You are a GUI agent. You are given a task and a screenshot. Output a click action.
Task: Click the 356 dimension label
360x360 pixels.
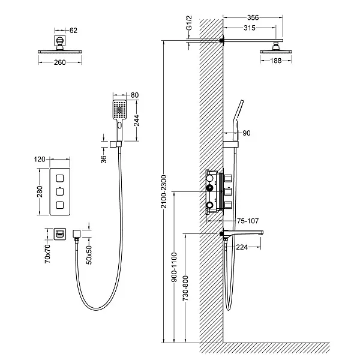coord(253,17)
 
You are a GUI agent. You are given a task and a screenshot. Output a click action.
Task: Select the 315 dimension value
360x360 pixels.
coord(250,28)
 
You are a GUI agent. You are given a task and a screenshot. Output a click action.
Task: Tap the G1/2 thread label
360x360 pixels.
coord(189,23)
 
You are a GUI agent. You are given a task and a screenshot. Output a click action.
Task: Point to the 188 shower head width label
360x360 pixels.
coord(276,61)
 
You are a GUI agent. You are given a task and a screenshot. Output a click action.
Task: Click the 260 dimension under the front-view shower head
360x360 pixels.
coord(59,62)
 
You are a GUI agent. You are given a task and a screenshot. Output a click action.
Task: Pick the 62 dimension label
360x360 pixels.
coord(73,31)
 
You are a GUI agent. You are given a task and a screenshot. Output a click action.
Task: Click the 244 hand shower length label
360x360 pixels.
coord(137,121)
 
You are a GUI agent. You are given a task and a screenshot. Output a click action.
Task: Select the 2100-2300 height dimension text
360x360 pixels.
coord(163,191)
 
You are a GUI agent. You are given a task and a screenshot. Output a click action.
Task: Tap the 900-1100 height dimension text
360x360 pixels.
coord(174,267)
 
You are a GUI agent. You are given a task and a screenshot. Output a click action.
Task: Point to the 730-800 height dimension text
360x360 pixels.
coord(185,288)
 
